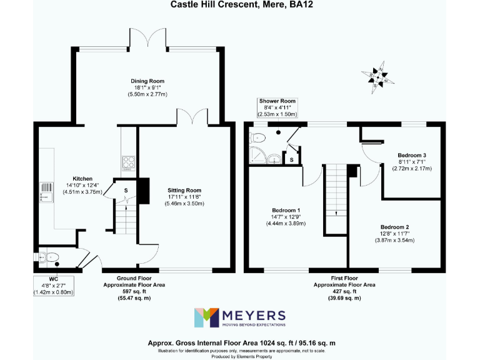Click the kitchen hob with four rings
coord(128,162)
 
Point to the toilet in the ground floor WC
coord(49,256)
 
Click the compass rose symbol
coord(377,77)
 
